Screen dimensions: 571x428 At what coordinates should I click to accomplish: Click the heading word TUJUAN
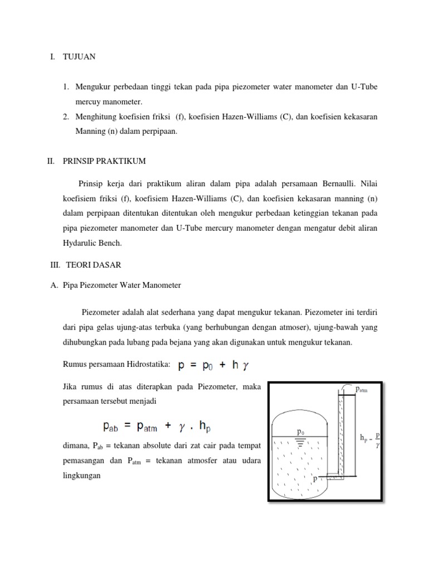pyautogui.click(x=80, y=57)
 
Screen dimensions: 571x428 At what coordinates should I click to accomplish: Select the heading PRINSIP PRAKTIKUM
pyautogui.click(x=104, y=161)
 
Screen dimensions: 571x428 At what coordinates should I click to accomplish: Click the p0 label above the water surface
pyautogui.click(x=300, y=431)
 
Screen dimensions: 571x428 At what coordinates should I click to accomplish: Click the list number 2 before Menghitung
pyautogui.click(x=65, y=117)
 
